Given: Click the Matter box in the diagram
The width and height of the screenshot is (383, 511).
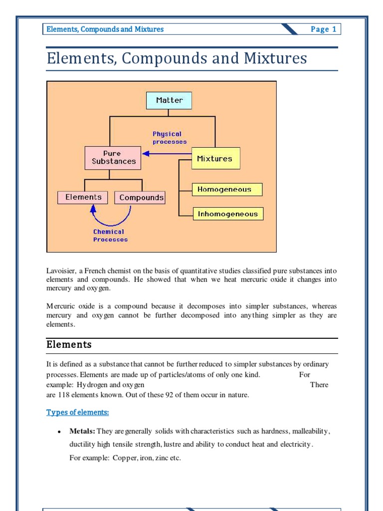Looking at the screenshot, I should [x=169, y=100].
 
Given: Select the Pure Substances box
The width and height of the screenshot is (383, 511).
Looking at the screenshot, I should [x=113, y=158].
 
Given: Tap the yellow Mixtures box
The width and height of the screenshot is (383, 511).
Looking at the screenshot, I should [x=215, y=159].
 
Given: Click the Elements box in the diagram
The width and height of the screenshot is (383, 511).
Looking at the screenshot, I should [x=83, y=197].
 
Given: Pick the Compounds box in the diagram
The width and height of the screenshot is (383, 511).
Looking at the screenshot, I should [x=141, y=198].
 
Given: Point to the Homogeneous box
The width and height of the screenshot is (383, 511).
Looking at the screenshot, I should [x=227, y=190].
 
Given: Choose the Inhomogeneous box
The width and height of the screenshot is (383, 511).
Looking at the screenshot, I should [x=227, y=214].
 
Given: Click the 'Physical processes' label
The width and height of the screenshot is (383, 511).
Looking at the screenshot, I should [x=169, y=138].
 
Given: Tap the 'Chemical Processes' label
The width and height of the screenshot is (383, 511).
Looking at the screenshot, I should [x=110, y=236].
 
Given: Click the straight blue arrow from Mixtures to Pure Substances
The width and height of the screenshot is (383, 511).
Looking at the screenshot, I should [x=165, y=154].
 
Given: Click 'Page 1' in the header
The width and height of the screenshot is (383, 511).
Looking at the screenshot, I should [x=323, y=29].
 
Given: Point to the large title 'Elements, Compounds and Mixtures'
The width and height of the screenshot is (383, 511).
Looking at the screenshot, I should [x=177, y=58].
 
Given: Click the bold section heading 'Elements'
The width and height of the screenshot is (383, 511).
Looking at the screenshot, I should [x=69, y=345].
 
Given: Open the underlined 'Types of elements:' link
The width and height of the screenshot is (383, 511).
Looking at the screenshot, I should [x=77, y=412].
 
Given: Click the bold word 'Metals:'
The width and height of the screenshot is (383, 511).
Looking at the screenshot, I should [x=82, y=431].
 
